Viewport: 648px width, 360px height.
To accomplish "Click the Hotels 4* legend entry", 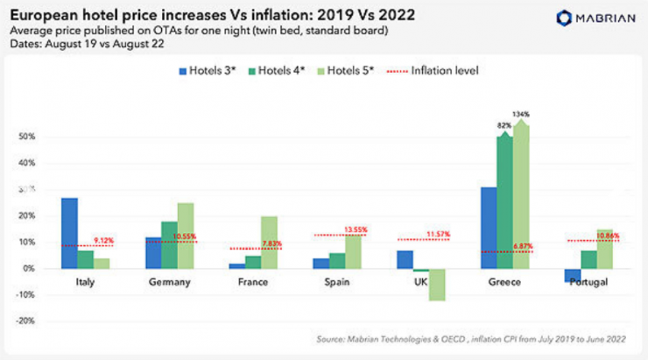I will (277, 69).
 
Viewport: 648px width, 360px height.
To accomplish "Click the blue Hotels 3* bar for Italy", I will (69, 233).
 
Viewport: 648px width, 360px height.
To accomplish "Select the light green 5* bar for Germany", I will (185, 236).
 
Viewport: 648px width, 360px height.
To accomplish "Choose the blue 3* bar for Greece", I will (489, 228).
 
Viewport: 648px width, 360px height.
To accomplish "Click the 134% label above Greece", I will (521, 114).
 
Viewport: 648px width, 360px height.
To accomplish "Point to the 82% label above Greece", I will (505, 125).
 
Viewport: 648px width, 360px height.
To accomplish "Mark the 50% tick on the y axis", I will (29, 137).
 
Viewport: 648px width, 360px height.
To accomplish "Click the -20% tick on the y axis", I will (27, 321).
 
